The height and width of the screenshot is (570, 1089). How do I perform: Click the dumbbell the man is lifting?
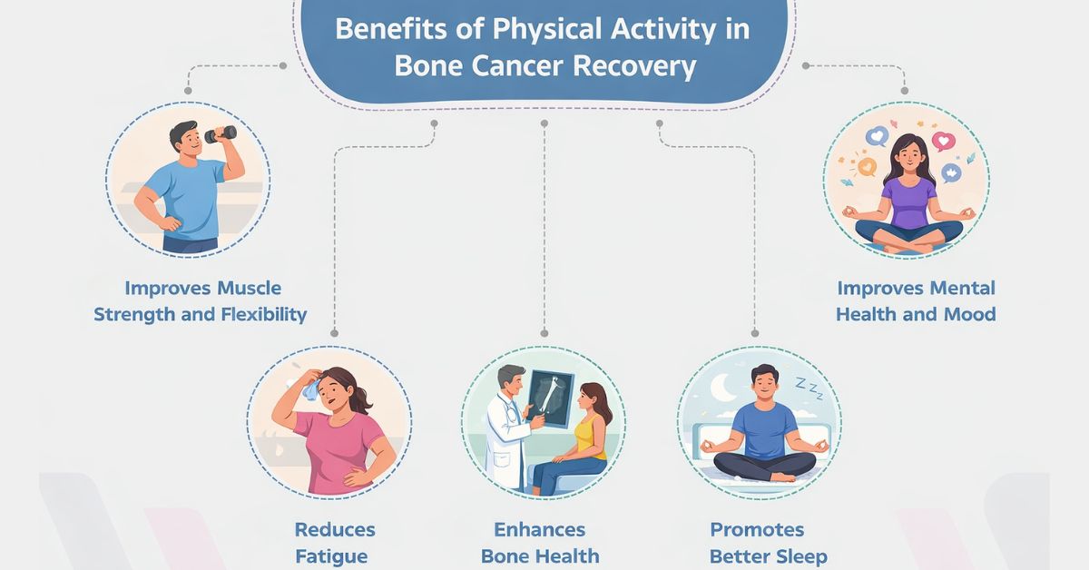coord(221,134)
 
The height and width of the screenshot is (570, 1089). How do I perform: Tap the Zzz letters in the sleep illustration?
coord(805,388)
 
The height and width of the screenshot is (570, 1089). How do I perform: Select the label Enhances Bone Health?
coord(540,543)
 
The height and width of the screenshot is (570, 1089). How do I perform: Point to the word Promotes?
coord(756,530)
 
